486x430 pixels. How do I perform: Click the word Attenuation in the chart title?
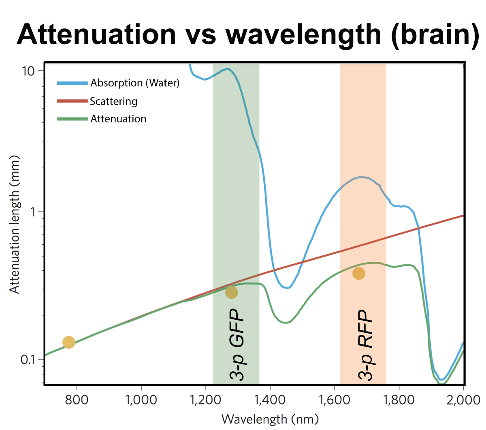coord(96,34)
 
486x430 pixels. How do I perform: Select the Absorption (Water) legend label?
coord(135,83)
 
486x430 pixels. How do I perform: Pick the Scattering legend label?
coord(113,101)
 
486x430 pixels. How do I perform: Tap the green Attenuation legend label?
coord(118,119)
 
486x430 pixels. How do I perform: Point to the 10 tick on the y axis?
coord(29,71)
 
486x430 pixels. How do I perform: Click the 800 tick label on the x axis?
coord(77,400)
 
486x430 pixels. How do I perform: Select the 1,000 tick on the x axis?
coord(141,400)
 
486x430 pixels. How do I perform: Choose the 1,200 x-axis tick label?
coord(205,400)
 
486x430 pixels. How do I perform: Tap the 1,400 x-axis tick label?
coord(270,400)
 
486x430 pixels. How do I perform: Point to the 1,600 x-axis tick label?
coord(334,400)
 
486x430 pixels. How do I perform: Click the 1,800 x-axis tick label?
coord(399,400)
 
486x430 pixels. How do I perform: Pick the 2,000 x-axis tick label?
coord(463,400)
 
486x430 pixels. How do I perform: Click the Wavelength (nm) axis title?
coord(270,419)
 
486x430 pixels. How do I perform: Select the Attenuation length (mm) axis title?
coord(15,224)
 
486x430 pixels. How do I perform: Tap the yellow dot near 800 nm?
coord(69,342)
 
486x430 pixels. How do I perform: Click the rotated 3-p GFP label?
coord(237,344)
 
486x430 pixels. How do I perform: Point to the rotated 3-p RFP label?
coord(366,344)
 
